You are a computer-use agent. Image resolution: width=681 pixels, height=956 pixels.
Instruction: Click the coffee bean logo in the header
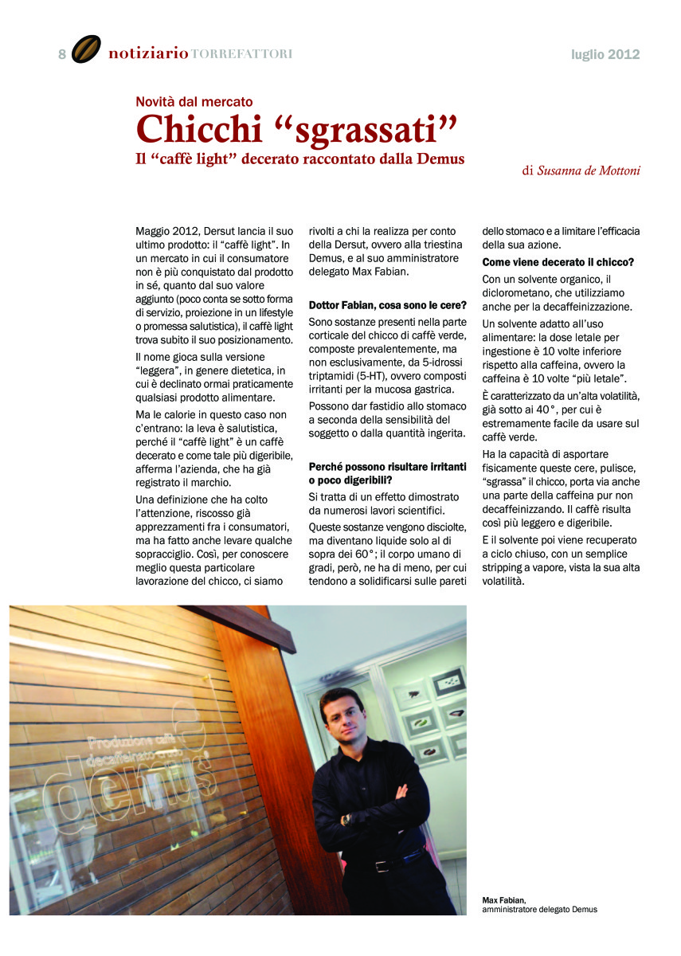86,49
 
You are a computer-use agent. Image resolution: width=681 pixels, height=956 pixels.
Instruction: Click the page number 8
62,54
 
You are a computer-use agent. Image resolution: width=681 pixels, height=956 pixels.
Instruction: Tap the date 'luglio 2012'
605,54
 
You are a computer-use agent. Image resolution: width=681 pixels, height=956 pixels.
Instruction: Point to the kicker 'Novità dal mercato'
194,102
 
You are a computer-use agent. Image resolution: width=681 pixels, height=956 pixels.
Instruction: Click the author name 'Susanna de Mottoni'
589,170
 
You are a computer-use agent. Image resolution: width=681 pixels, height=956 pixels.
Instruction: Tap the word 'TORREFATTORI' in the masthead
242,54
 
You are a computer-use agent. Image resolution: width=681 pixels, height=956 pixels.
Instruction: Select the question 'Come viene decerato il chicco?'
558,262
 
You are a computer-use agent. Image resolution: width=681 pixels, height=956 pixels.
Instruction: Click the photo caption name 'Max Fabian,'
504,900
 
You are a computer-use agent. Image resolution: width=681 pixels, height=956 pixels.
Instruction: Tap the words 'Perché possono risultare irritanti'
387,466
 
